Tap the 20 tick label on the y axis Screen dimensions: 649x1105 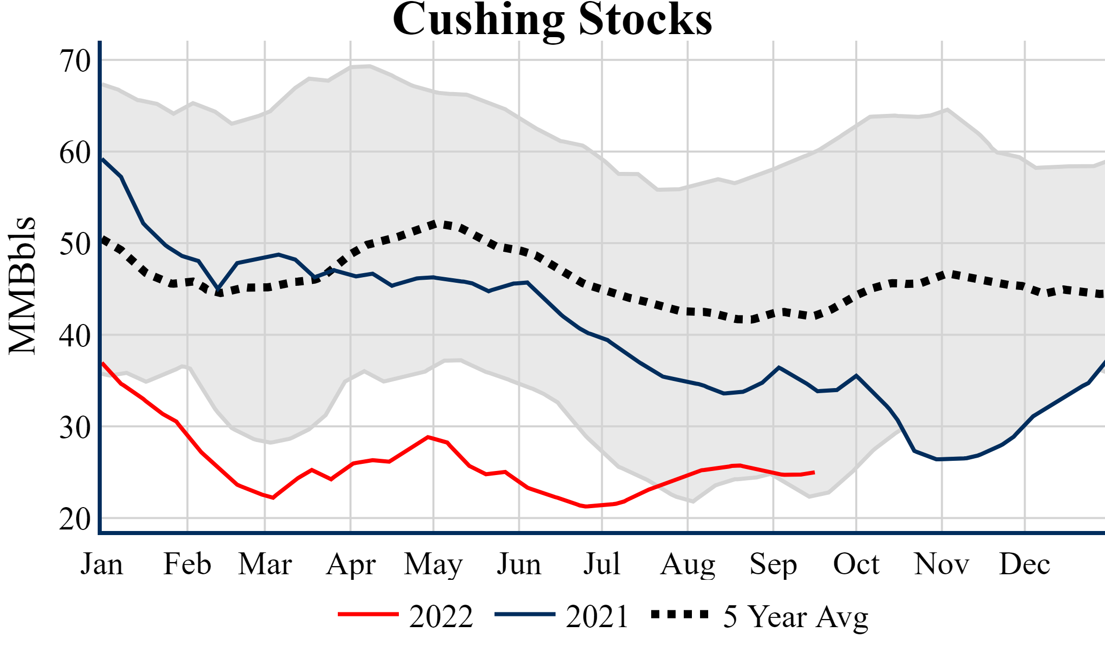point(75,519)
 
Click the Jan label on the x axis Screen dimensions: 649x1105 point(102,564)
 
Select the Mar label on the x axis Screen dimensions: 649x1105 point(265,564)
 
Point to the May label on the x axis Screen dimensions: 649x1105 point(433,564)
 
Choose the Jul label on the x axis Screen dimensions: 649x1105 point(602,564)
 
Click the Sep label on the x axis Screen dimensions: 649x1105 point(773,564)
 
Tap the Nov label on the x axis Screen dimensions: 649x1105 point(942,564)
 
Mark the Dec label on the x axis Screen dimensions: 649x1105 point(1025,564)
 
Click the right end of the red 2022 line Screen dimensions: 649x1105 point(814,473)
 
